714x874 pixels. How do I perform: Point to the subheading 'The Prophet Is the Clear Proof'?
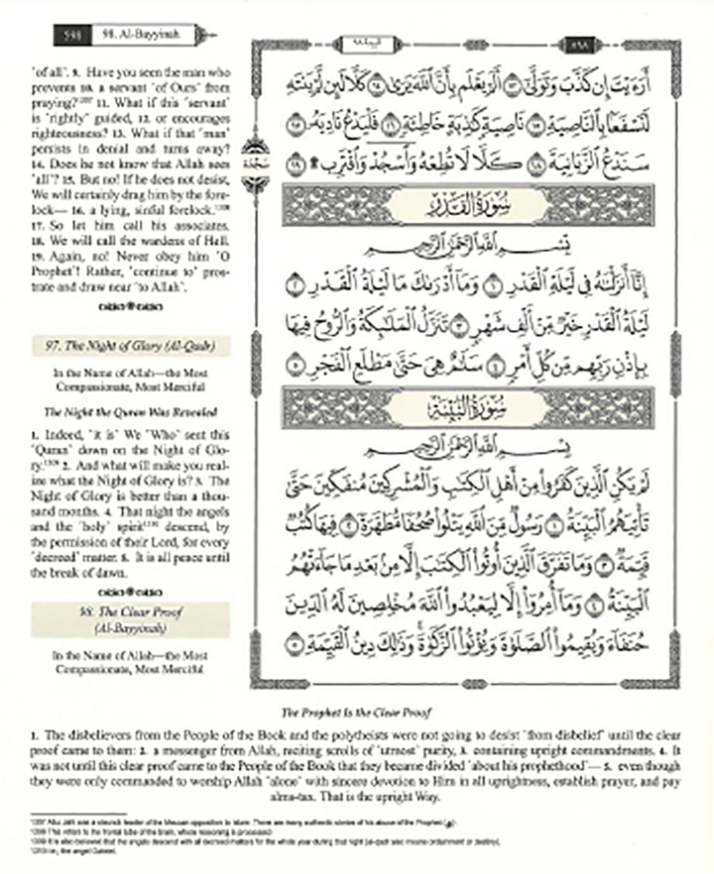point(357,712)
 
